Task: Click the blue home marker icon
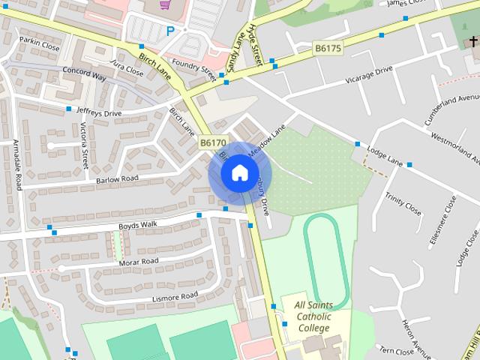click(x=239, y=173)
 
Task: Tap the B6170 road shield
click(x=212, y=142)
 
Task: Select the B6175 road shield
click(x=327, y=48)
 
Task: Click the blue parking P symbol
click(x=170, y=31)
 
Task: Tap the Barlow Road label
click(x=117, y=179)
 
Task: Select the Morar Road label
click(x=139, y=262)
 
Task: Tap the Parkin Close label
click(x=39, y=44)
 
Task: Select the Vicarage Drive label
click(x=368, y=74)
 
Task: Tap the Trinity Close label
click(x=403, y=202)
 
